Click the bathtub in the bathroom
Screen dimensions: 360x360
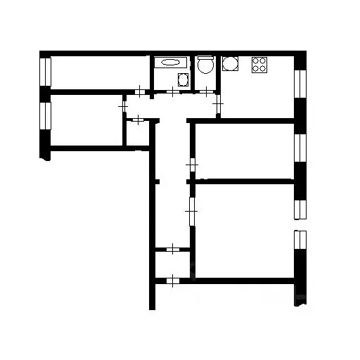point(169,63)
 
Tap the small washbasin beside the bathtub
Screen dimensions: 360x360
point(183,78)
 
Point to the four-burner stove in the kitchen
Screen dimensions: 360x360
point(259,65)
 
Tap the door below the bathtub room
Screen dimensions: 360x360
point(174,91)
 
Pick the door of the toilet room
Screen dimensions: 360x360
point(205,91)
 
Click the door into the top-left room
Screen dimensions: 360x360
point(141,91)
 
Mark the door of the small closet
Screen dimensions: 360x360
point(138,120)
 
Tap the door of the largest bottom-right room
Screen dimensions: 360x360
point(190,208)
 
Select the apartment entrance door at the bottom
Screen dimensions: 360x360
point(172,281)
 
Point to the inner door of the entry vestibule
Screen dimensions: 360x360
point(172,248)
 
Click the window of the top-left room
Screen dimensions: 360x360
point(46,71)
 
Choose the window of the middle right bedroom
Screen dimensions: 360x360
point(300,148)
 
